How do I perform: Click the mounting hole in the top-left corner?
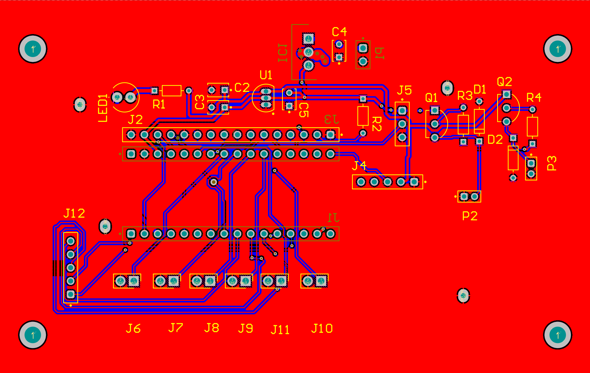pos(33,49)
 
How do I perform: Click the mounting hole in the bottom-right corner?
pos(558,335)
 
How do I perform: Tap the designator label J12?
pos(74,214)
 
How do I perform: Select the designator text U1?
pos(266,75)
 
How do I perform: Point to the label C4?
pos(339,32)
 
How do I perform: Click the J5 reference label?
pos(404,90)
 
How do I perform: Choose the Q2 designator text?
pos(504,82)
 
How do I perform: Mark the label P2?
pos(470,216)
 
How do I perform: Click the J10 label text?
pos(322,329)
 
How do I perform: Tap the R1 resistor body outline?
pos(171,91)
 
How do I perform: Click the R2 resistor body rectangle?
pos(363,116)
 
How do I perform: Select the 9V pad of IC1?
pos(308,38)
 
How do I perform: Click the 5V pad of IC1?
pos(308,65)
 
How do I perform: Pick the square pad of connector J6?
pos(134,281)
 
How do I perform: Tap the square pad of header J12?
pos(71,294)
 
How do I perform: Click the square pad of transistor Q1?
pos(435,110)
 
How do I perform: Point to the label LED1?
pos(103,108)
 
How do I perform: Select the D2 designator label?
pos(495,140)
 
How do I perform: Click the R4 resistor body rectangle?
pos(532,126)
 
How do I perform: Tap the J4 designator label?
pos(359,165)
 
